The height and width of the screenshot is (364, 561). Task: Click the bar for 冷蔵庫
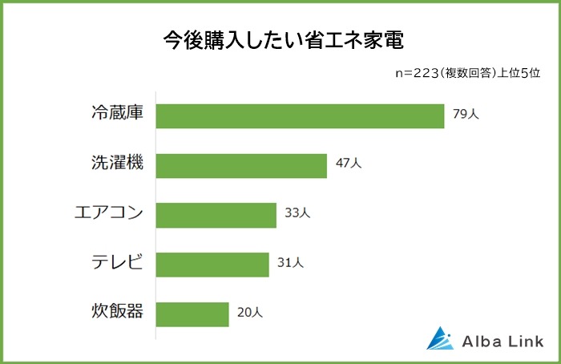[300, 115]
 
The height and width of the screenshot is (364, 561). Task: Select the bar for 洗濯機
[241, 165]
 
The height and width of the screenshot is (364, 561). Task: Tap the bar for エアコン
[216, 215]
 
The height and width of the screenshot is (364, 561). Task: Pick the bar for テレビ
[212, 265]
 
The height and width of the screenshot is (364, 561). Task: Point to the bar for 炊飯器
[192, 313]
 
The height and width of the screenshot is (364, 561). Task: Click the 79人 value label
[466, 115]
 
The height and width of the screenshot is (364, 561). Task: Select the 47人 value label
[349, 164]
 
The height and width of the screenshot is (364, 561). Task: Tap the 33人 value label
[297, 213]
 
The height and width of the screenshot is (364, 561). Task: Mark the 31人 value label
[290, 263]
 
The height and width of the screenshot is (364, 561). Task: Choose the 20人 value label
[250, 313]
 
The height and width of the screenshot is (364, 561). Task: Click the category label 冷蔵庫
[116, 114]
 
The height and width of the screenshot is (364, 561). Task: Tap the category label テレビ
[116, 262]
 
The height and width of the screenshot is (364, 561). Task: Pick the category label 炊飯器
[116, 311]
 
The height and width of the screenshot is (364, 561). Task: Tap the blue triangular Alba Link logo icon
[440, 339]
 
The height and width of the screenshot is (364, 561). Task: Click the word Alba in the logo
[480, 341]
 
